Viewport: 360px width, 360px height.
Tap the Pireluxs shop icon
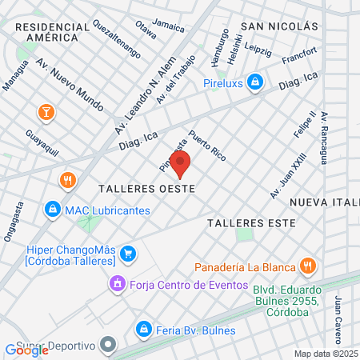coord(254,81)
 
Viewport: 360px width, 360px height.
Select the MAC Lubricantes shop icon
coord(52,210)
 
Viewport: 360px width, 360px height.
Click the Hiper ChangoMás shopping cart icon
coord(127,254)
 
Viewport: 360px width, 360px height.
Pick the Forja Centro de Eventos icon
coord(118,283)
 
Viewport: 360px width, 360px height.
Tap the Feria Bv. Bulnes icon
coord(144,329)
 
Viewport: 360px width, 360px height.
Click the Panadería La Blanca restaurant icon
coord(306,266)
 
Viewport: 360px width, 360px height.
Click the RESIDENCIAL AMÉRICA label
coord(52,32)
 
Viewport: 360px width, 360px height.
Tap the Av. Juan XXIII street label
coord(289,178)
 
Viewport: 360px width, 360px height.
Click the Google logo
coord(26,350)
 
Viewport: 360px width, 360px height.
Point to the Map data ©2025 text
coord(326,354)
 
